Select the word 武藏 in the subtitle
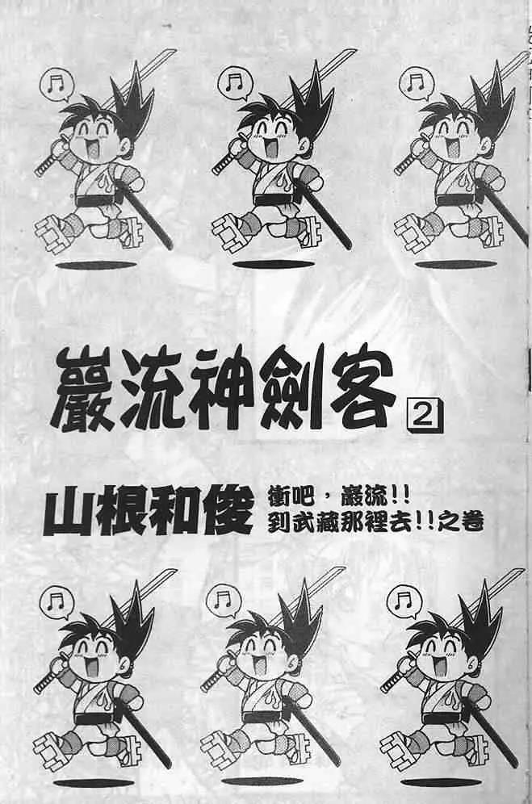tap(312, 522)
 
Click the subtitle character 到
tap(279, 522)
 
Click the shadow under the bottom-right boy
tap(441, 783)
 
